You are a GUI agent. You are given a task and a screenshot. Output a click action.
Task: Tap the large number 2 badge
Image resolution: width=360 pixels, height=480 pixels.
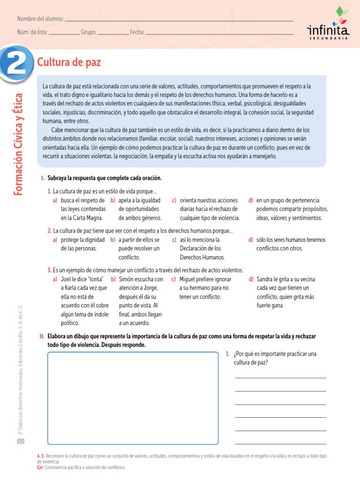point(16,63)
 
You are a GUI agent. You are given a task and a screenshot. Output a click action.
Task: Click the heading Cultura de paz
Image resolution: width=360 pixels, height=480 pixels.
point(69,62)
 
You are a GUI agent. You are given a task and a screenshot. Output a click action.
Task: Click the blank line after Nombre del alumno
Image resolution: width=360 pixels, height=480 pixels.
point(178,21)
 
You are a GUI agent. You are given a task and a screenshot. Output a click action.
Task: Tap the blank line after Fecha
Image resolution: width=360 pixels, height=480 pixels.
point(219,33)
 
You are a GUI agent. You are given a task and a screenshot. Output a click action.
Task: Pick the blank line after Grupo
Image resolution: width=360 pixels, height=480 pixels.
point(113,33)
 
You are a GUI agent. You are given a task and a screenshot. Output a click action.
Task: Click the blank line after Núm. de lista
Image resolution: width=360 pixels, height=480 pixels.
point(64,33)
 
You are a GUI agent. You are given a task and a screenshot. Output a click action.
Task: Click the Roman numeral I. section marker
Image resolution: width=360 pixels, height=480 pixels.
point(43,178)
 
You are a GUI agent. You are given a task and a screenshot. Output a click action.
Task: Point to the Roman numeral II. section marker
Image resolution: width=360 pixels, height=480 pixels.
point(42,336)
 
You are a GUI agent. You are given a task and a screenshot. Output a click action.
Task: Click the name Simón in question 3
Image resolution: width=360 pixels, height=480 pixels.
point(127,279)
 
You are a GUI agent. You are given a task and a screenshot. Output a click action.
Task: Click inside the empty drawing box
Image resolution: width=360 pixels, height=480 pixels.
point(133,398)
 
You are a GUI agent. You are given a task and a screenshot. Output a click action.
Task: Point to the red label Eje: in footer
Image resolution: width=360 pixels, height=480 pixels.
point(40,467)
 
